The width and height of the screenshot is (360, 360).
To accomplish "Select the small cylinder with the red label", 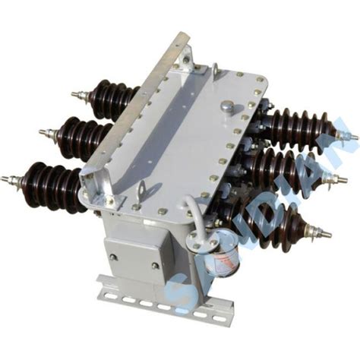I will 221,258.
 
